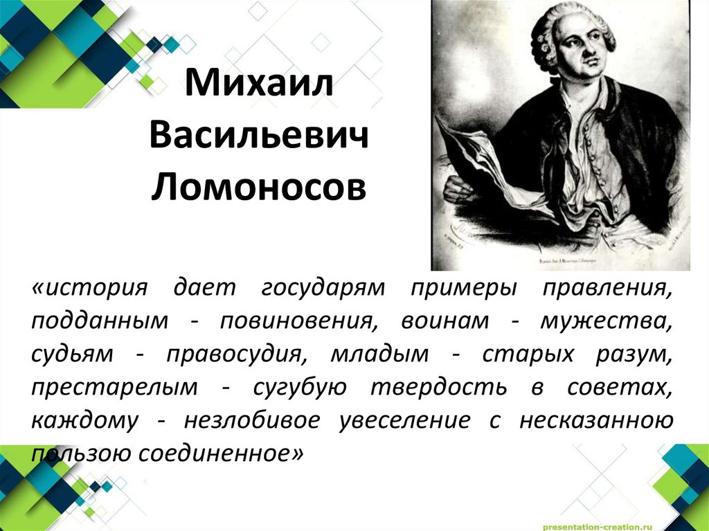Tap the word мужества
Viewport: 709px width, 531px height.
[x=609, y=321]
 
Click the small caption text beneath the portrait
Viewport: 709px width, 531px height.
[x=561, y=262]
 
